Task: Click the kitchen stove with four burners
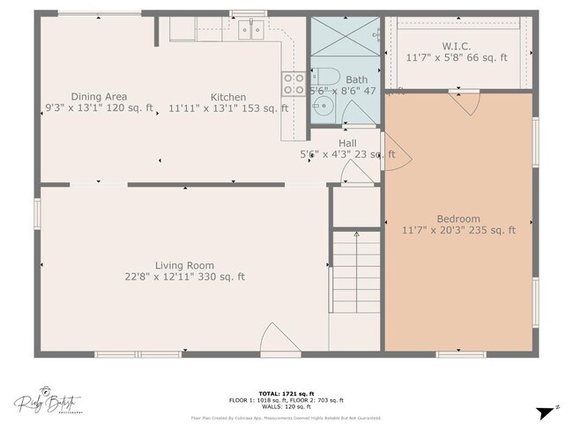point(293,84)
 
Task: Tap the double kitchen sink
point(250,31)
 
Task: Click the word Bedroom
point(458,219)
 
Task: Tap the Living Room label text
point(184,265)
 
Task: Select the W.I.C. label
point(458,46)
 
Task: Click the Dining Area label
point(99,97)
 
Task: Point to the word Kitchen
point(227,97)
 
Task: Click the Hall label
point(347,143)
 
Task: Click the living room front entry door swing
point(276,339)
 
